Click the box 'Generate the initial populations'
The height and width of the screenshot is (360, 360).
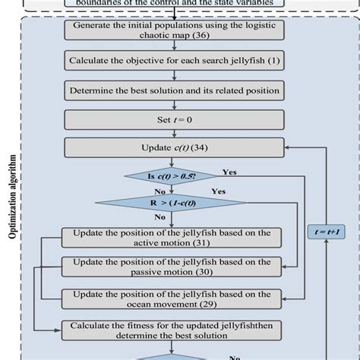pos(174,30)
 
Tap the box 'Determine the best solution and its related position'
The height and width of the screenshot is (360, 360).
pos(174,90)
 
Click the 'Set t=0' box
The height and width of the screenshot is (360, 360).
pos(174,119)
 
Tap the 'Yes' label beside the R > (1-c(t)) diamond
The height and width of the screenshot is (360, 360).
pos(219,191)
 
